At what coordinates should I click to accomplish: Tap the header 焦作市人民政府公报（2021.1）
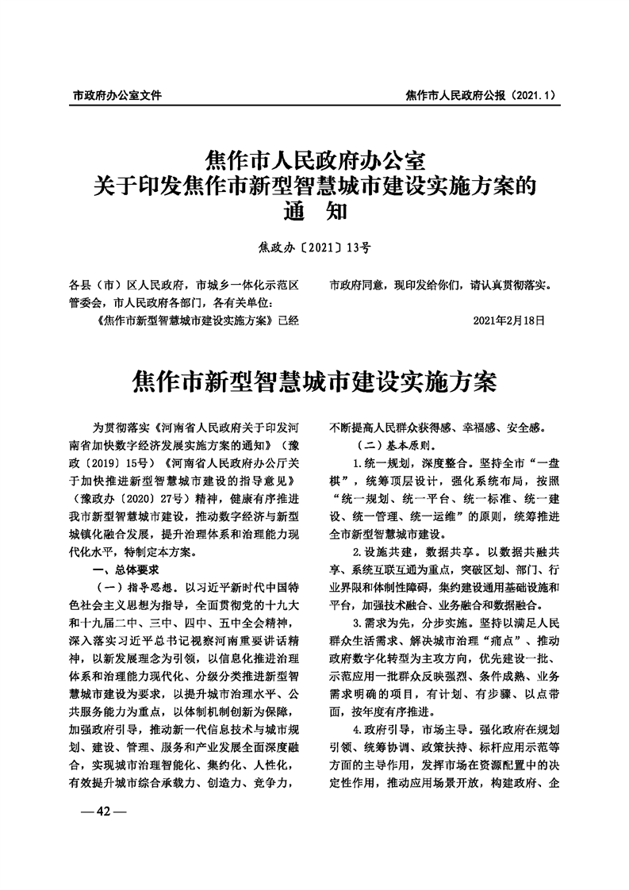(x=478, y=95)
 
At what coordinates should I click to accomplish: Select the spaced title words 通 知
(x=315, y=213)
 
